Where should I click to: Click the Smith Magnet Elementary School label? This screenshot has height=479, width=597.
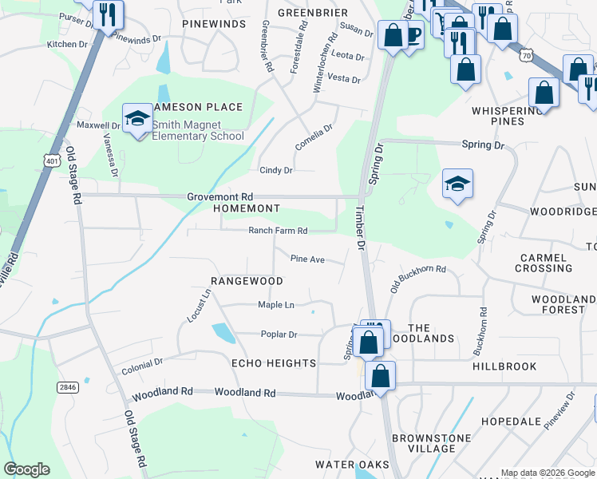[198, 130]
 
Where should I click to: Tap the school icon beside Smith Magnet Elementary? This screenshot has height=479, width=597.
[137, 118]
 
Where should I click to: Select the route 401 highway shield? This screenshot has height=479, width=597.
[52, 161]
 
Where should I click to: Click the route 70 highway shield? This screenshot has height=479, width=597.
[524, 55]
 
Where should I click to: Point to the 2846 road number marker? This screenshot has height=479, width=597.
[68, 387]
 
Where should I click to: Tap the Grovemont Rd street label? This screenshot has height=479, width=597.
[219, 196]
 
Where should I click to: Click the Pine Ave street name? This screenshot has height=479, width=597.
[307, 259]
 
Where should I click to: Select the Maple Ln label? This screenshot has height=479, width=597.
[276, 305]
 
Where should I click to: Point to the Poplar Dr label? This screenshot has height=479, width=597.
[279, 335]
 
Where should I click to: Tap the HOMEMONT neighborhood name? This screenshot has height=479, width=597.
[247, 208]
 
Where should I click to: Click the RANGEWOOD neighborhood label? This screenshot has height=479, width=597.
[247, 281]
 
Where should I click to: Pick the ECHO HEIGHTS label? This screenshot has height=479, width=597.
[274, 363]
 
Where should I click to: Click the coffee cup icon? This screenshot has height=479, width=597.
[413, 35]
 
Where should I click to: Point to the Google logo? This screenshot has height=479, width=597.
[26, 469]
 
